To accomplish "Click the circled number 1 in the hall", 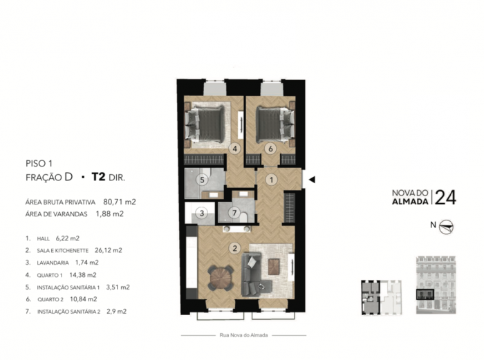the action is [x=272, y=180].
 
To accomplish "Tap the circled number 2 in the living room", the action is [x=235, y=248].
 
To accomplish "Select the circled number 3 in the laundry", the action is [x=202, y=213].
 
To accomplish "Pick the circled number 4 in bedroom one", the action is [x=235, y=149].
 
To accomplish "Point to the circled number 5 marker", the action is [x=202, y=180].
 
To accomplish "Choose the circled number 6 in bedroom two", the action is [x=271, y=149].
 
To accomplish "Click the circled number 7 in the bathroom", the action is [x=234, y=213].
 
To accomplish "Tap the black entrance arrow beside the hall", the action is [x=312, y=179].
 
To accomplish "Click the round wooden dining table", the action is [x=221, y=278].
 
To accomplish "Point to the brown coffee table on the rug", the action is [x=274, y=267].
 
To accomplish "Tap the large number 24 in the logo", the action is [x=445, y=198].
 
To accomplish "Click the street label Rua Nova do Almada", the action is [x=243, y=335].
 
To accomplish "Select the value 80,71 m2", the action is [x=120, y=202].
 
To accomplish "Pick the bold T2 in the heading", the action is [x=98, y=177].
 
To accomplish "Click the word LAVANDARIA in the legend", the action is [x=53, y=263].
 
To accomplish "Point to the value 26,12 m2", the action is [x=109, y=250].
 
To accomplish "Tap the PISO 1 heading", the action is [x=39, y=163].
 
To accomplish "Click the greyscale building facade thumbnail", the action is [x=436, y=285].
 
